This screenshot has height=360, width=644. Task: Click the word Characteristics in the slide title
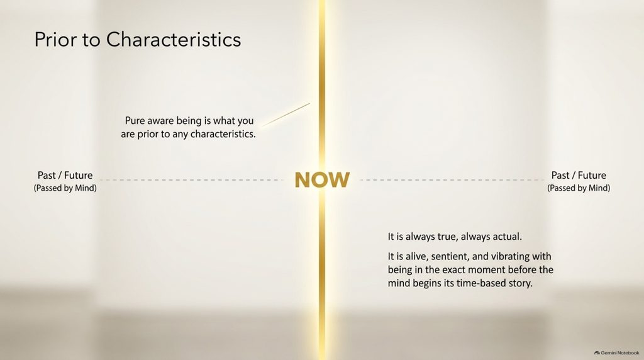174,40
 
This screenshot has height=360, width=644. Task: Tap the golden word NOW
322,180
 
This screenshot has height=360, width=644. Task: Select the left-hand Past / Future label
65,175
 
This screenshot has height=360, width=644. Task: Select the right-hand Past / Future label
579,175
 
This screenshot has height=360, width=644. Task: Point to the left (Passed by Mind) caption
65,188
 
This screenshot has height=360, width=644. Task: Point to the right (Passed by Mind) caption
579,188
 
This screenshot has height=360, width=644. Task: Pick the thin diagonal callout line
286,115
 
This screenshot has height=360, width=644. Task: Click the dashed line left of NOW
192,180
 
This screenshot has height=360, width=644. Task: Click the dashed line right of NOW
452,180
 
